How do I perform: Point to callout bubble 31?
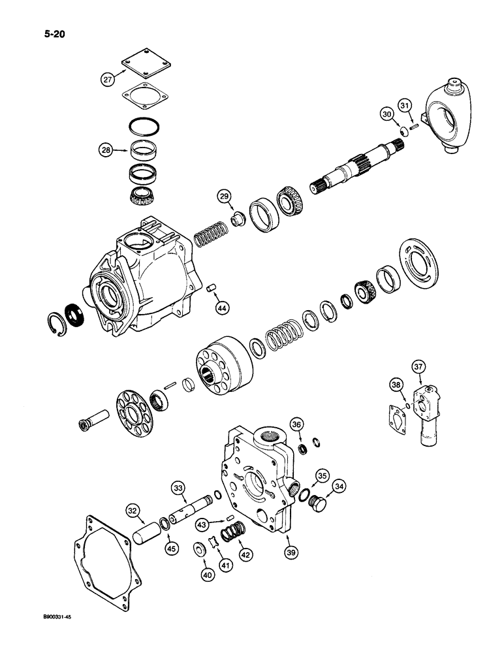[x=405, y=105]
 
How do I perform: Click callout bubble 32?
[x=133, y=513]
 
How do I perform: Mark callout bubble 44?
[x=223, y=306]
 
